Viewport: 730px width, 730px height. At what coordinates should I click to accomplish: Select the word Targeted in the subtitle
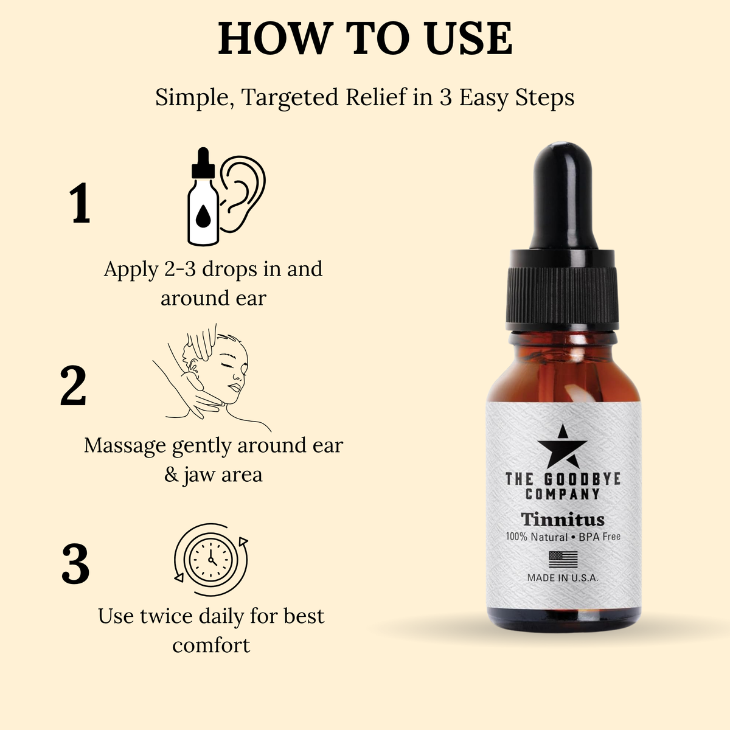pyautogui.click(x=290, y=99)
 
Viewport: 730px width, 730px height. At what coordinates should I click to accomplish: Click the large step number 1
pyautogui.click(x=80, y=203)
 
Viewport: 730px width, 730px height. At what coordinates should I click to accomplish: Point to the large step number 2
pyautogui.click(x=74, y=386)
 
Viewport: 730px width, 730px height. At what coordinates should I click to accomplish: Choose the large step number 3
pyautogui.click(x=75, y=564)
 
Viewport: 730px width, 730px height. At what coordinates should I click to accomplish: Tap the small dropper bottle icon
pyautogui.click(x=203, y=196)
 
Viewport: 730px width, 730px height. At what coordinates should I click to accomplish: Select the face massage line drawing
pyautogui.click(x=212, y=378)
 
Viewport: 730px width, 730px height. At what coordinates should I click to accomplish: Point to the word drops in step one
pyautogui.click(x=225, y=269)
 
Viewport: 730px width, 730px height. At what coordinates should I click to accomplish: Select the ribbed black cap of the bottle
pyautogui.click(x=563, y=296)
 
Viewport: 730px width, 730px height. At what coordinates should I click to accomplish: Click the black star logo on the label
pyautogui.click(x=563, y=447)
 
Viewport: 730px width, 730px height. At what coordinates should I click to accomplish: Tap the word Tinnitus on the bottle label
pyautogui.click(x=563, y=520)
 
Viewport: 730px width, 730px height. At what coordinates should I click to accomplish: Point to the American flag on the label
pyautogui.click(x=563, y=560)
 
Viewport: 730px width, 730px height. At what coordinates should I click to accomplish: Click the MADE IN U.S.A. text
pyautogui.click(x=563, y=578)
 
